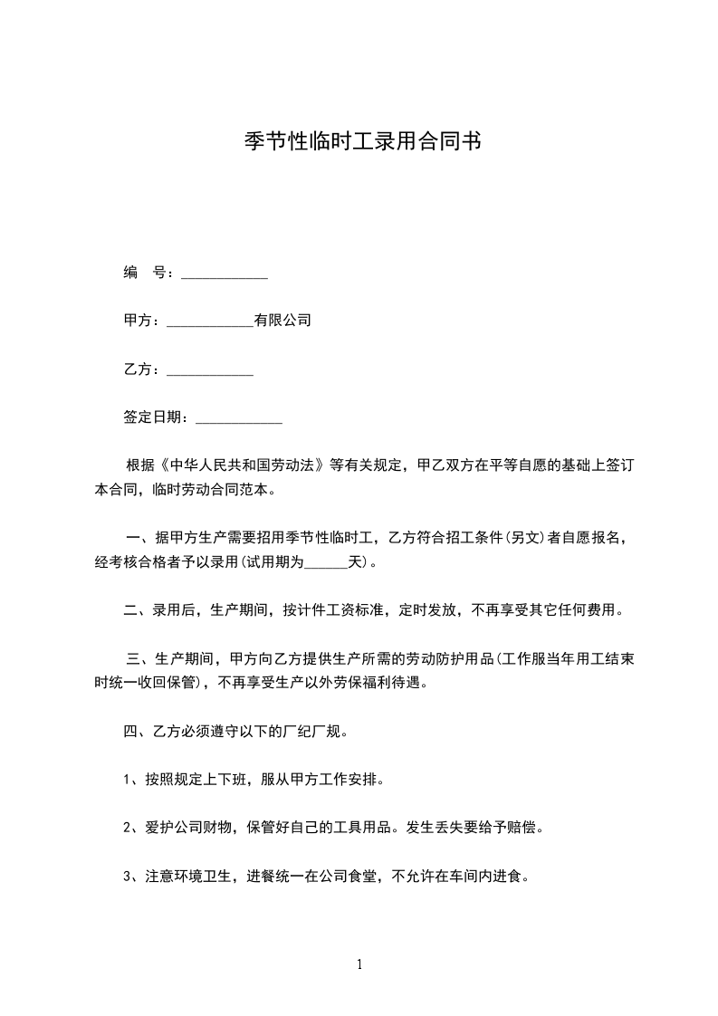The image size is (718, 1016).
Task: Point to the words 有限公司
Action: [x=282, y=321]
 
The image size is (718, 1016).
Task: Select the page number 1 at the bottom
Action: [x=359, y=964]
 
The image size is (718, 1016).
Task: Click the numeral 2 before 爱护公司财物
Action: [x=128, y=828]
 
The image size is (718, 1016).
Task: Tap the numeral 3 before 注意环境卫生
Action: [x=128, y=877]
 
